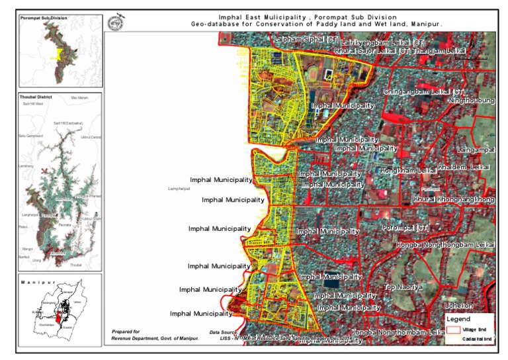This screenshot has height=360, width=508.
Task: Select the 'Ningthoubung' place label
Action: [x=471, y=101]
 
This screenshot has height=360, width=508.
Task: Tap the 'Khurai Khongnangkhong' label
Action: [x=454, y=199]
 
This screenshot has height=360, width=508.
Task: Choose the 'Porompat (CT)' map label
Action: [x=406, y=228]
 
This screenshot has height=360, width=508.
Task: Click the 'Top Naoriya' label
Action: [x=403, y=288]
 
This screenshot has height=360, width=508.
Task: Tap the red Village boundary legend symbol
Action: [x=453, y=330]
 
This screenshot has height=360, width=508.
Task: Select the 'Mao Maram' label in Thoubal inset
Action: [x=80, y=98]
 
